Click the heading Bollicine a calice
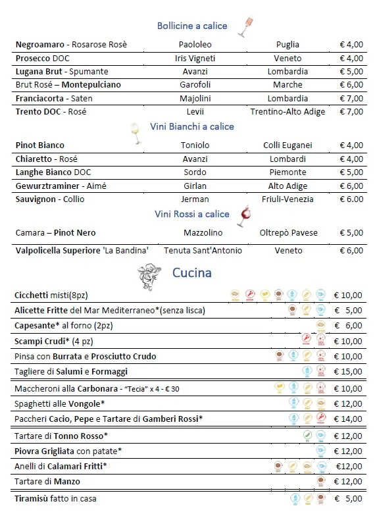pyautogui.click(x=191, y=26)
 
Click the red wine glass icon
pyautogui.click(x=244, y=215)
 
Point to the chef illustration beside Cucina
pyautogui.click(x=149, y=274)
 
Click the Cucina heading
pyautogui.click(x=191, y=272)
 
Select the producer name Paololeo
pyautogui.click(x=195, y=45)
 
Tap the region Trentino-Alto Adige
pyautogui.click(x=287, y=112)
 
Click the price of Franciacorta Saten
pyautogui.click(x=351, y=99)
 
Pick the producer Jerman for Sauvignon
pyautogui.click(x=195, y=199)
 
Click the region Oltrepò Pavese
pyautogui.click(x=288, y=233)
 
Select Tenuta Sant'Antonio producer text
pyautogui.click(x=203, y=251)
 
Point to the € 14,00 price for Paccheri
pyautogui.click(x=347, y=419)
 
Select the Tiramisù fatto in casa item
pyautogui.click(x=55, y=499)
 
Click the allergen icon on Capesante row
pyautogui.click(x=321, y=325)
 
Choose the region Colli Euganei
pyautogui.click(x=287, y=145)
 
